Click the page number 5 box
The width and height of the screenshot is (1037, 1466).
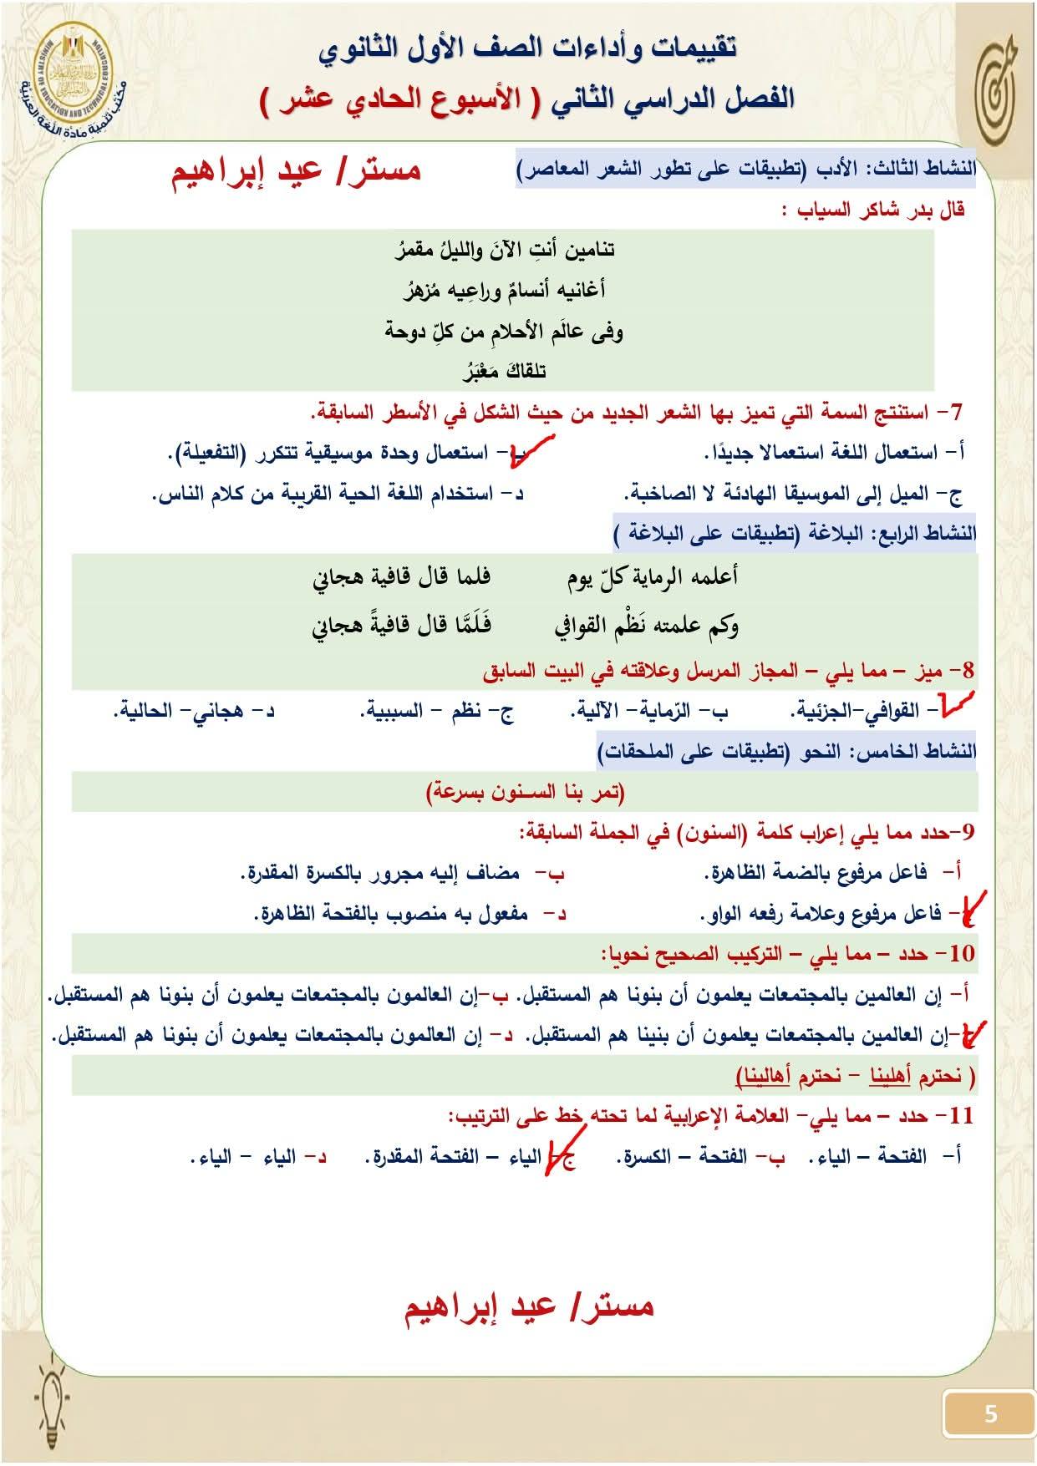coord(989,1413)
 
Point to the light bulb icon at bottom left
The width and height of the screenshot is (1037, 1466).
coord(52,1393)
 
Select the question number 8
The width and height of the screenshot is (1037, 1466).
coord(963,671)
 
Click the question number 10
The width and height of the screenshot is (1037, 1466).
coord(960,953)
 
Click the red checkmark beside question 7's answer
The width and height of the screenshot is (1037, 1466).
coord(536,454)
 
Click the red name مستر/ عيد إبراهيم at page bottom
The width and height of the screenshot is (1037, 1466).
coord(529,1306)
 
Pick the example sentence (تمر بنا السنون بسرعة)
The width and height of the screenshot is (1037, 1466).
coord(526,791)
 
